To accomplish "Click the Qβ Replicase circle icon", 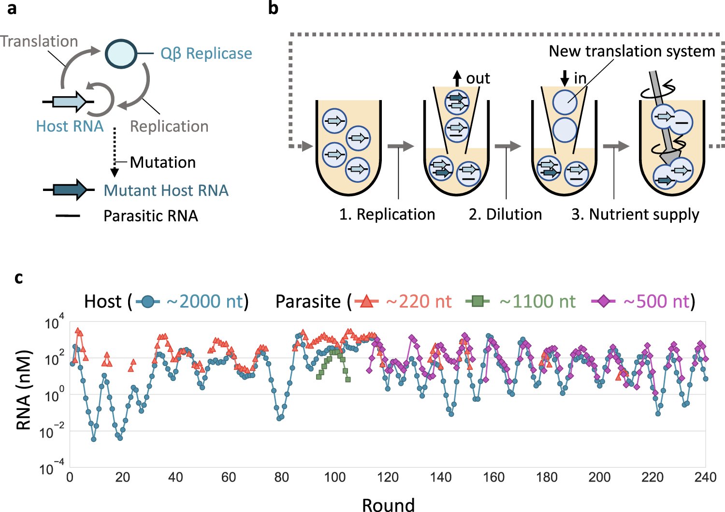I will click(x=121, y=53).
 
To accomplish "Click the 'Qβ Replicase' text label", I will click(x=206, y=53).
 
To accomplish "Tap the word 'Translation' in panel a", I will click(x=39, y=41).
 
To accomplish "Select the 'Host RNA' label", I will click(x=70, y=126).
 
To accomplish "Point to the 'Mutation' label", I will click(x=163, y=162).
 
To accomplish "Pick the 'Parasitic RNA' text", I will click(x=151, y=216).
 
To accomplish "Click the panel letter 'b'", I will click(x=273, y=8).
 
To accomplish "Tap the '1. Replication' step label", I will click(x=387, y=214).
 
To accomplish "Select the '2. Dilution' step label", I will click(x=505, y=214).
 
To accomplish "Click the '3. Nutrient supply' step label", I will click(x=635, y=214).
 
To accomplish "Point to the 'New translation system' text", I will click(x=632, y=51).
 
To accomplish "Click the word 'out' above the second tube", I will click(x=478, y=78).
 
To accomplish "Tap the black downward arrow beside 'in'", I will click(x=564, y=78).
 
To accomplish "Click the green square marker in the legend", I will click(x=477, y=302).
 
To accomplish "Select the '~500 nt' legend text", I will click(x=656, y=301).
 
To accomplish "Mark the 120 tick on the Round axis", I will click(x=388, y=477).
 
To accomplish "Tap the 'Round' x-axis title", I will click(x=388, y=504).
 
